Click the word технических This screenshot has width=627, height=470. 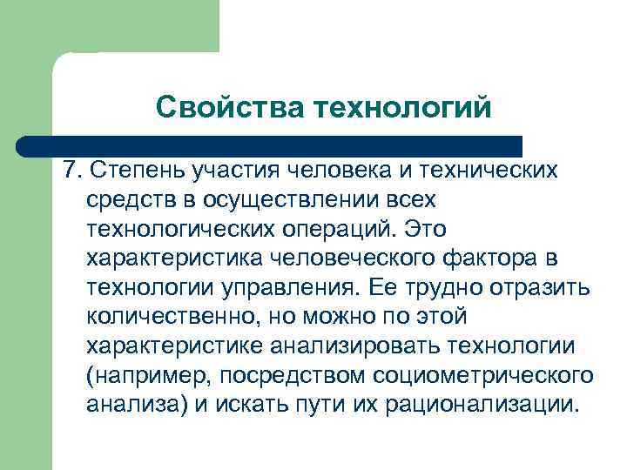point(496,168)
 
